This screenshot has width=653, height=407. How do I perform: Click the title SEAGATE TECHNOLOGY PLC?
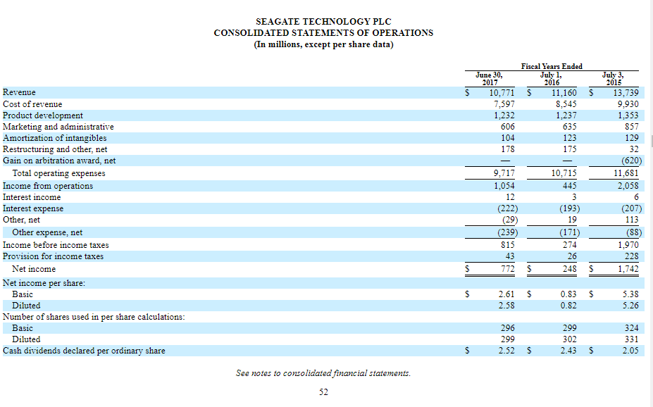click(x=323, y=22)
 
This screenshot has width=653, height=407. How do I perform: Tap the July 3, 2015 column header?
click(x=612, y=77)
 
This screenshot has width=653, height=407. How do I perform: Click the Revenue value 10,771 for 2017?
click(x=501, y=93)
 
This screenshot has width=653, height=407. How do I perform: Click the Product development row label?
click(x=43, y=115)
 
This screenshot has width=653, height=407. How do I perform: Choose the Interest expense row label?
click(x=33, y=208)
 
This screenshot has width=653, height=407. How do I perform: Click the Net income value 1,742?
click(x=626, y=269)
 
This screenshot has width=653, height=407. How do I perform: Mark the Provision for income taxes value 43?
click(x=509, y=256)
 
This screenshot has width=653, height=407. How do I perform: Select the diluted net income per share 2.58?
click(x=506, y=306)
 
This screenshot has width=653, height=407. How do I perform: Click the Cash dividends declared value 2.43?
click(x=568, y=351)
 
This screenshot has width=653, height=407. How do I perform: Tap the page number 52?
click(x=323, y=392)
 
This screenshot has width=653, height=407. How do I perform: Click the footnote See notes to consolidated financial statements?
click(x=323, y=373)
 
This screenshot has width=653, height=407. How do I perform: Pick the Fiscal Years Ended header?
click(x=552, y=66)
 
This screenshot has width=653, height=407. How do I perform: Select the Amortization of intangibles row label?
click(x=55, y=138)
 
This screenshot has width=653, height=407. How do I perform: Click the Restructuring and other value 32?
click(x=633, y=149)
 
